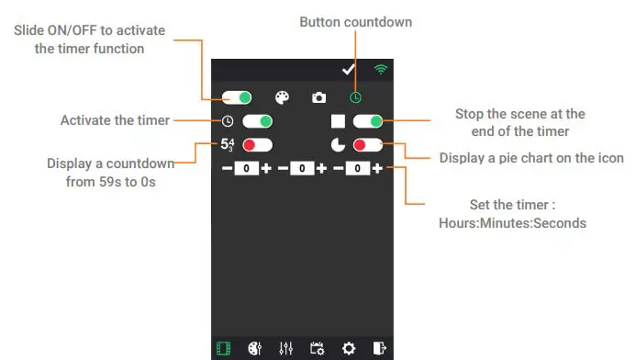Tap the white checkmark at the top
(x=348, y=70)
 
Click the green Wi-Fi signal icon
(x=380, y=70)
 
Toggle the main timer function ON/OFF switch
(x=238, y=96)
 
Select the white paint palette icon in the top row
(x=283, y=97)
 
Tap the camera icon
(x=318, y=97)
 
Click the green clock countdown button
(x=354, y=97)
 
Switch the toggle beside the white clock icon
(x=258, y=121)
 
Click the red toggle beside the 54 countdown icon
(x=258, y=145)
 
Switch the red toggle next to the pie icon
(x=367, y=145)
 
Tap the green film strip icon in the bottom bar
(x=223, y=348)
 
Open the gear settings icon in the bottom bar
(x=349, y=348)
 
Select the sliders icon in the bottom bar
(x=285, y=348)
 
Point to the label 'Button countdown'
(x=356, y=21)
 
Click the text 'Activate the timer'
(x=115, y=120)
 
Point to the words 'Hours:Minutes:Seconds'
(x=511, y=223)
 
